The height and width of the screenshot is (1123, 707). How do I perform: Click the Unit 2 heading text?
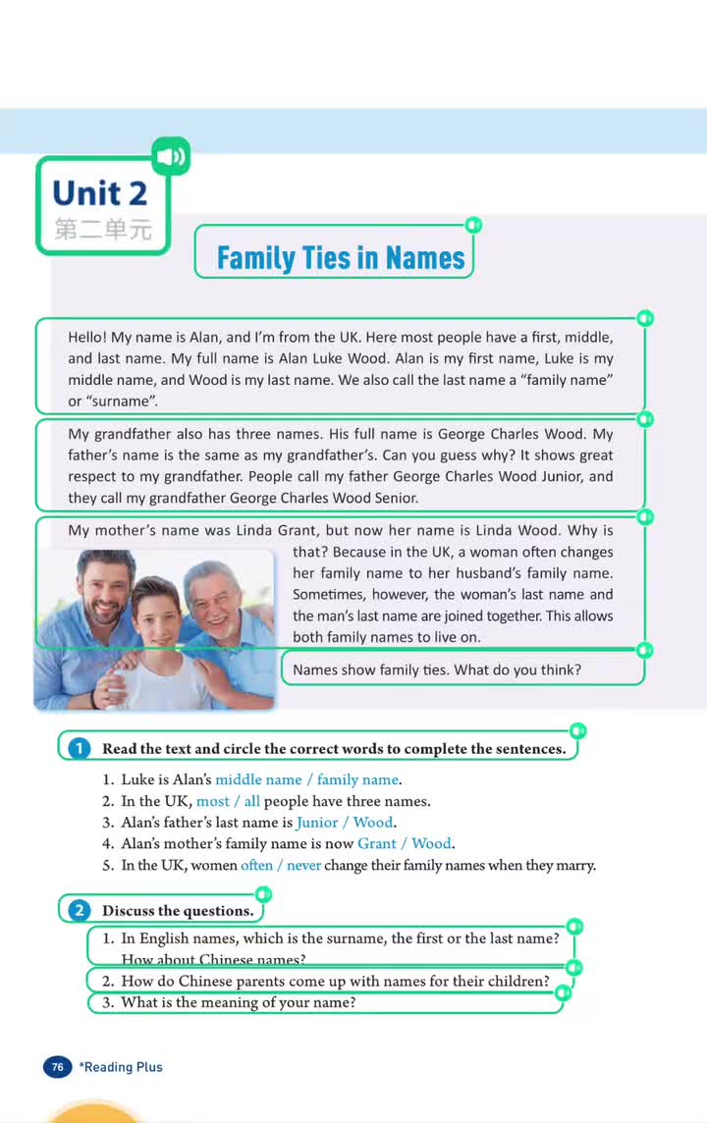pyautogui.click(x=100, y=193)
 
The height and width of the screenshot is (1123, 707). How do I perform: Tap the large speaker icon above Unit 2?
pyautogui.click(x=171, y=156)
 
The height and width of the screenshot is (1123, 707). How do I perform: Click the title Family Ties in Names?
pyautogui.click(x=340, y=258)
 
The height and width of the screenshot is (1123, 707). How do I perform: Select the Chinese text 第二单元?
pyautogui.click(x=103, y=231)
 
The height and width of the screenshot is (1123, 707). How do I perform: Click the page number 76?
pyautogui.click(x=58, y=1067)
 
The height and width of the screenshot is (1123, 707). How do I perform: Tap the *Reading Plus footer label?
pyautogui.click(x=122, y=1067)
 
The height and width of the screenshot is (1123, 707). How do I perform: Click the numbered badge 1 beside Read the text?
pyautogui.click(x=78, y=749)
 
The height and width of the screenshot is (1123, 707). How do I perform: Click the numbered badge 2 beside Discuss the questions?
pyautogui.click(x=78, y=910)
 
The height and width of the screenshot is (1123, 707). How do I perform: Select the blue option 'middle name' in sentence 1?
pyautogui.click(x=258, y=779)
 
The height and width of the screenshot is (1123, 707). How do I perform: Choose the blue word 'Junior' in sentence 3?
pyautogui.click(x=316, y=823)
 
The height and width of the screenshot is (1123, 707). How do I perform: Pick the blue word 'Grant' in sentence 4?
pyautogui.click(x=376, y=843)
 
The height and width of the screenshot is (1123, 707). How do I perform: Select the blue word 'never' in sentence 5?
pyautogui.click(x=303, y=866)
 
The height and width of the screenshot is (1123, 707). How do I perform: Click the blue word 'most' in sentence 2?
pyautogui.click(x=213, y=801)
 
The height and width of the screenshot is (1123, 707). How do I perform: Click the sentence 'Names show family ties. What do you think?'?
pyautogui.click(x=437, y=670)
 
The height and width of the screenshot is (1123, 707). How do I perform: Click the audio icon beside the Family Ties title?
pyautogui.click(x=473, y=226)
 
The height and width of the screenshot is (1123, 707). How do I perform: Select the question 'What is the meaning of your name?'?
pyautogui.click(x=238, y=1002)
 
